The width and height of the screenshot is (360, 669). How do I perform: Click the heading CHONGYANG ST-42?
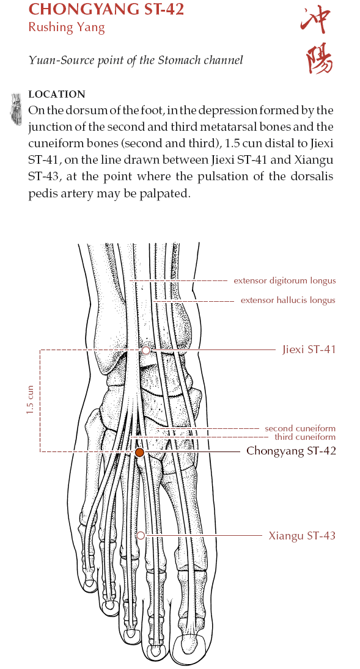point(106,9)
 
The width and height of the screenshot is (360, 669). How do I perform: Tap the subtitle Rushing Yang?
point(66,27)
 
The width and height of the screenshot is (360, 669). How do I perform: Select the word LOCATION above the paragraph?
point(57,94)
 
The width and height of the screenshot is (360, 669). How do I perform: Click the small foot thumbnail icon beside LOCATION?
point(17,109)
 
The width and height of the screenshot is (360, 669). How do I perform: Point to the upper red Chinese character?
point(317,21)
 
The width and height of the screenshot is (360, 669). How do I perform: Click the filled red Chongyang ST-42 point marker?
point(139,452)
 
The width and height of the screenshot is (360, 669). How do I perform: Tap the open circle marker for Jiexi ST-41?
point(145,350)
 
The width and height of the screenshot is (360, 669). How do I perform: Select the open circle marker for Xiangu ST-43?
point(141,535)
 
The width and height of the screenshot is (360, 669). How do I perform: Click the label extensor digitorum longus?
point(284,281)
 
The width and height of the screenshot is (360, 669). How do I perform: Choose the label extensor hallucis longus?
point(288,301)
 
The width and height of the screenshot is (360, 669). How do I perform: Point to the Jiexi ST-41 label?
point(309,350)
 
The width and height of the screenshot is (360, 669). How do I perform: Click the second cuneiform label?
point(299,428)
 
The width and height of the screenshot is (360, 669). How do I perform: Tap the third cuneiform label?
point(305,437)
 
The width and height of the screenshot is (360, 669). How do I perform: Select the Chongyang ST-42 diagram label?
point(292,451)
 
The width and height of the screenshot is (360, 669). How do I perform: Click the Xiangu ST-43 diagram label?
point(302,535)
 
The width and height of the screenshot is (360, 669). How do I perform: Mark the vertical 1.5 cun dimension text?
point(29,400)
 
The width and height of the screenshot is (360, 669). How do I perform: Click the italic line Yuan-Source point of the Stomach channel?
point(135,60)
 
